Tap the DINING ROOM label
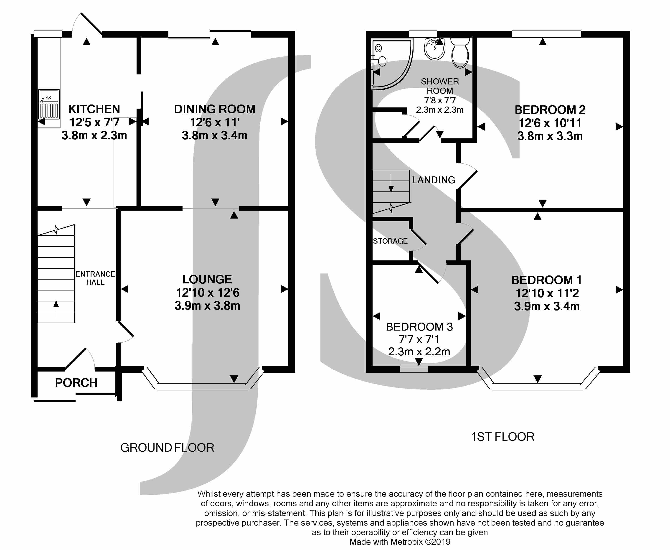(214, 109)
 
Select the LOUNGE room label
(207, 279)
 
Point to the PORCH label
(76, 383)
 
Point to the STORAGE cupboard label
(390, 241)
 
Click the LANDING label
(434, 180)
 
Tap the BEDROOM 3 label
(419, 327)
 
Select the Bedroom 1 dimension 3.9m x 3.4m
(547, 306)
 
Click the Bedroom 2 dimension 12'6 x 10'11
(550, 123)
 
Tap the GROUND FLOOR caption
(167, 448)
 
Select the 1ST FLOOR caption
(502, 437)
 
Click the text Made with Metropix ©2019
(400, 542)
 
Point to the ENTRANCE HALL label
(95, 278)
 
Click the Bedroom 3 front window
(414, 369)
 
